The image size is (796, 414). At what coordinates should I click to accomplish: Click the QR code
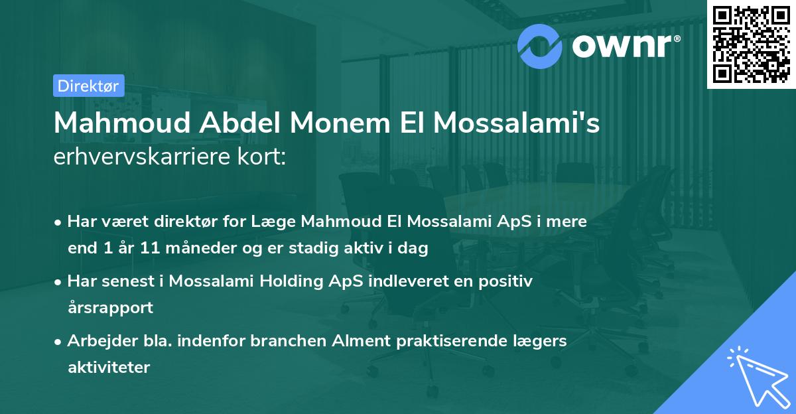click(x=751, y=44)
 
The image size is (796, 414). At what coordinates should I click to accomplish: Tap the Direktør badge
click(x=88, y=86)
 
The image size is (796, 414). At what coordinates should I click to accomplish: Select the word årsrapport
click(x=110, y=308)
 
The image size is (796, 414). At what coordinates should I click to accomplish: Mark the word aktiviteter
click(x=109, y=367)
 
